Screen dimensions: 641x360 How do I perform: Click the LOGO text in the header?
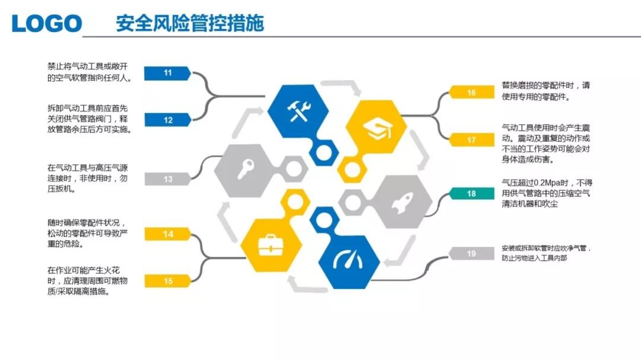47,23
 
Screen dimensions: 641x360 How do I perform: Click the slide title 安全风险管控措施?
190,23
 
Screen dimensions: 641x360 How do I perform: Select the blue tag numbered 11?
167,73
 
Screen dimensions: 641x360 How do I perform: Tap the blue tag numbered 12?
167,120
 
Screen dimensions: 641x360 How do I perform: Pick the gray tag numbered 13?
167,179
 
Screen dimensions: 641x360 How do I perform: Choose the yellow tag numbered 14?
167,234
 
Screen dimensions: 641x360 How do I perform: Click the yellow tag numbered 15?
167,281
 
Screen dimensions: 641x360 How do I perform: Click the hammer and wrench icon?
299,111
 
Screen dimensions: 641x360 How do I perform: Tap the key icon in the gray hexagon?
246,169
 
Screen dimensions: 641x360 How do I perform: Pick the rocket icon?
402,202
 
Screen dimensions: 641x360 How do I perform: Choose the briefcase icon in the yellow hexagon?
271,245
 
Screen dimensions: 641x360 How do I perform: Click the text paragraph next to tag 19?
546,253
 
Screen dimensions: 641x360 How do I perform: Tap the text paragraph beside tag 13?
87,178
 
